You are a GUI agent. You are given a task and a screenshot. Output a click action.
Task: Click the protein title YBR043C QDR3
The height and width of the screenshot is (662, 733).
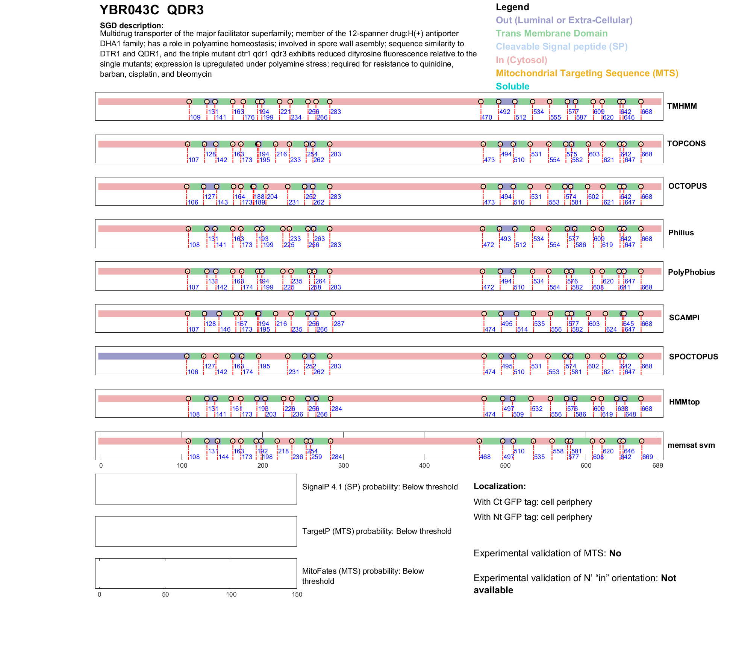tap(151, 10)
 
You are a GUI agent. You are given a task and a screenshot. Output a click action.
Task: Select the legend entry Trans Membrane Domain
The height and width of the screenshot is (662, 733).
tap(551, 33)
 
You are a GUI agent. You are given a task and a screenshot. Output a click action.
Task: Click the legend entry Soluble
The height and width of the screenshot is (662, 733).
tap(512, 86)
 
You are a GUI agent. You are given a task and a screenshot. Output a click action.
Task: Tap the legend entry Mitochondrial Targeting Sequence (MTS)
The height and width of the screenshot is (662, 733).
tap(587, 73)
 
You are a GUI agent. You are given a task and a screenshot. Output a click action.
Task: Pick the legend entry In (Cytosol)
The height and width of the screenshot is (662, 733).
tap(521, 60)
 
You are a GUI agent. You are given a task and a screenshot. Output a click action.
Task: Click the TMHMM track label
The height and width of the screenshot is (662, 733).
tap(682, 106)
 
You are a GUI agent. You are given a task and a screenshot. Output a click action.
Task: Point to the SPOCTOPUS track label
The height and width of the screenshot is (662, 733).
tap(693, 357)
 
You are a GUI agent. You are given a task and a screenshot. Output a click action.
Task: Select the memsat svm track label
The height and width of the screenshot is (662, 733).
tap(691, 445)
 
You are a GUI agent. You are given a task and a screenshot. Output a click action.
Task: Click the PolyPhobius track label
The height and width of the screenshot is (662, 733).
tap(691, 272)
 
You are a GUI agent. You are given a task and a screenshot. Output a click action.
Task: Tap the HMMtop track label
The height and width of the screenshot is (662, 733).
tap(684, 402)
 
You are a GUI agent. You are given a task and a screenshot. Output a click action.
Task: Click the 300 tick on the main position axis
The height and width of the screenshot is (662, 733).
tap(344, 465)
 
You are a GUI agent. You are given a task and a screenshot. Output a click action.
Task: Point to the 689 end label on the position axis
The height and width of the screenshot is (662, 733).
tap(658, 465)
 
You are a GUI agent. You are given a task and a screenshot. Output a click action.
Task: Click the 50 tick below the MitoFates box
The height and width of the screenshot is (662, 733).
tap(165, 594)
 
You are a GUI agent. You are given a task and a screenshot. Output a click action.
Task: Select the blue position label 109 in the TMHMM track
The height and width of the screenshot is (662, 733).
tap(195, 117)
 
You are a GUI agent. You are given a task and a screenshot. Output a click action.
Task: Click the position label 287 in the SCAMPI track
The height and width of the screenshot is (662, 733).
tap(339, 324)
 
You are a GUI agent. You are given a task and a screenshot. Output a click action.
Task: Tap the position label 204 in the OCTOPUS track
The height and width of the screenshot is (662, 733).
tap(272, 197)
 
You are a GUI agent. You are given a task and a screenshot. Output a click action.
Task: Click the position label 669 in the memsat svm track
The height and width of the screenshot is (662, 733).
tap(648, 457)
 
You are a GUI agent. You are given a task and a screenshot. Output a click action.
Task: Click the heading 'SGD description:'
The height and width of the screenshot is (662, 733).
tap(132, 26)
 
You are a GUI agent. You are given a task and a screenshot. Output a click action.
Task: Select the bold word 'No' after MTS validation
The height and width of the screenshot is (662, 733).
tap(615, 553)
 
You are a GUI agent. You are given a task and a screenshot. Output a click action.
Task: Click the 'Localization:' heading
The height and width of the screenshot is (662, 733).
tap(500, 486)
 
